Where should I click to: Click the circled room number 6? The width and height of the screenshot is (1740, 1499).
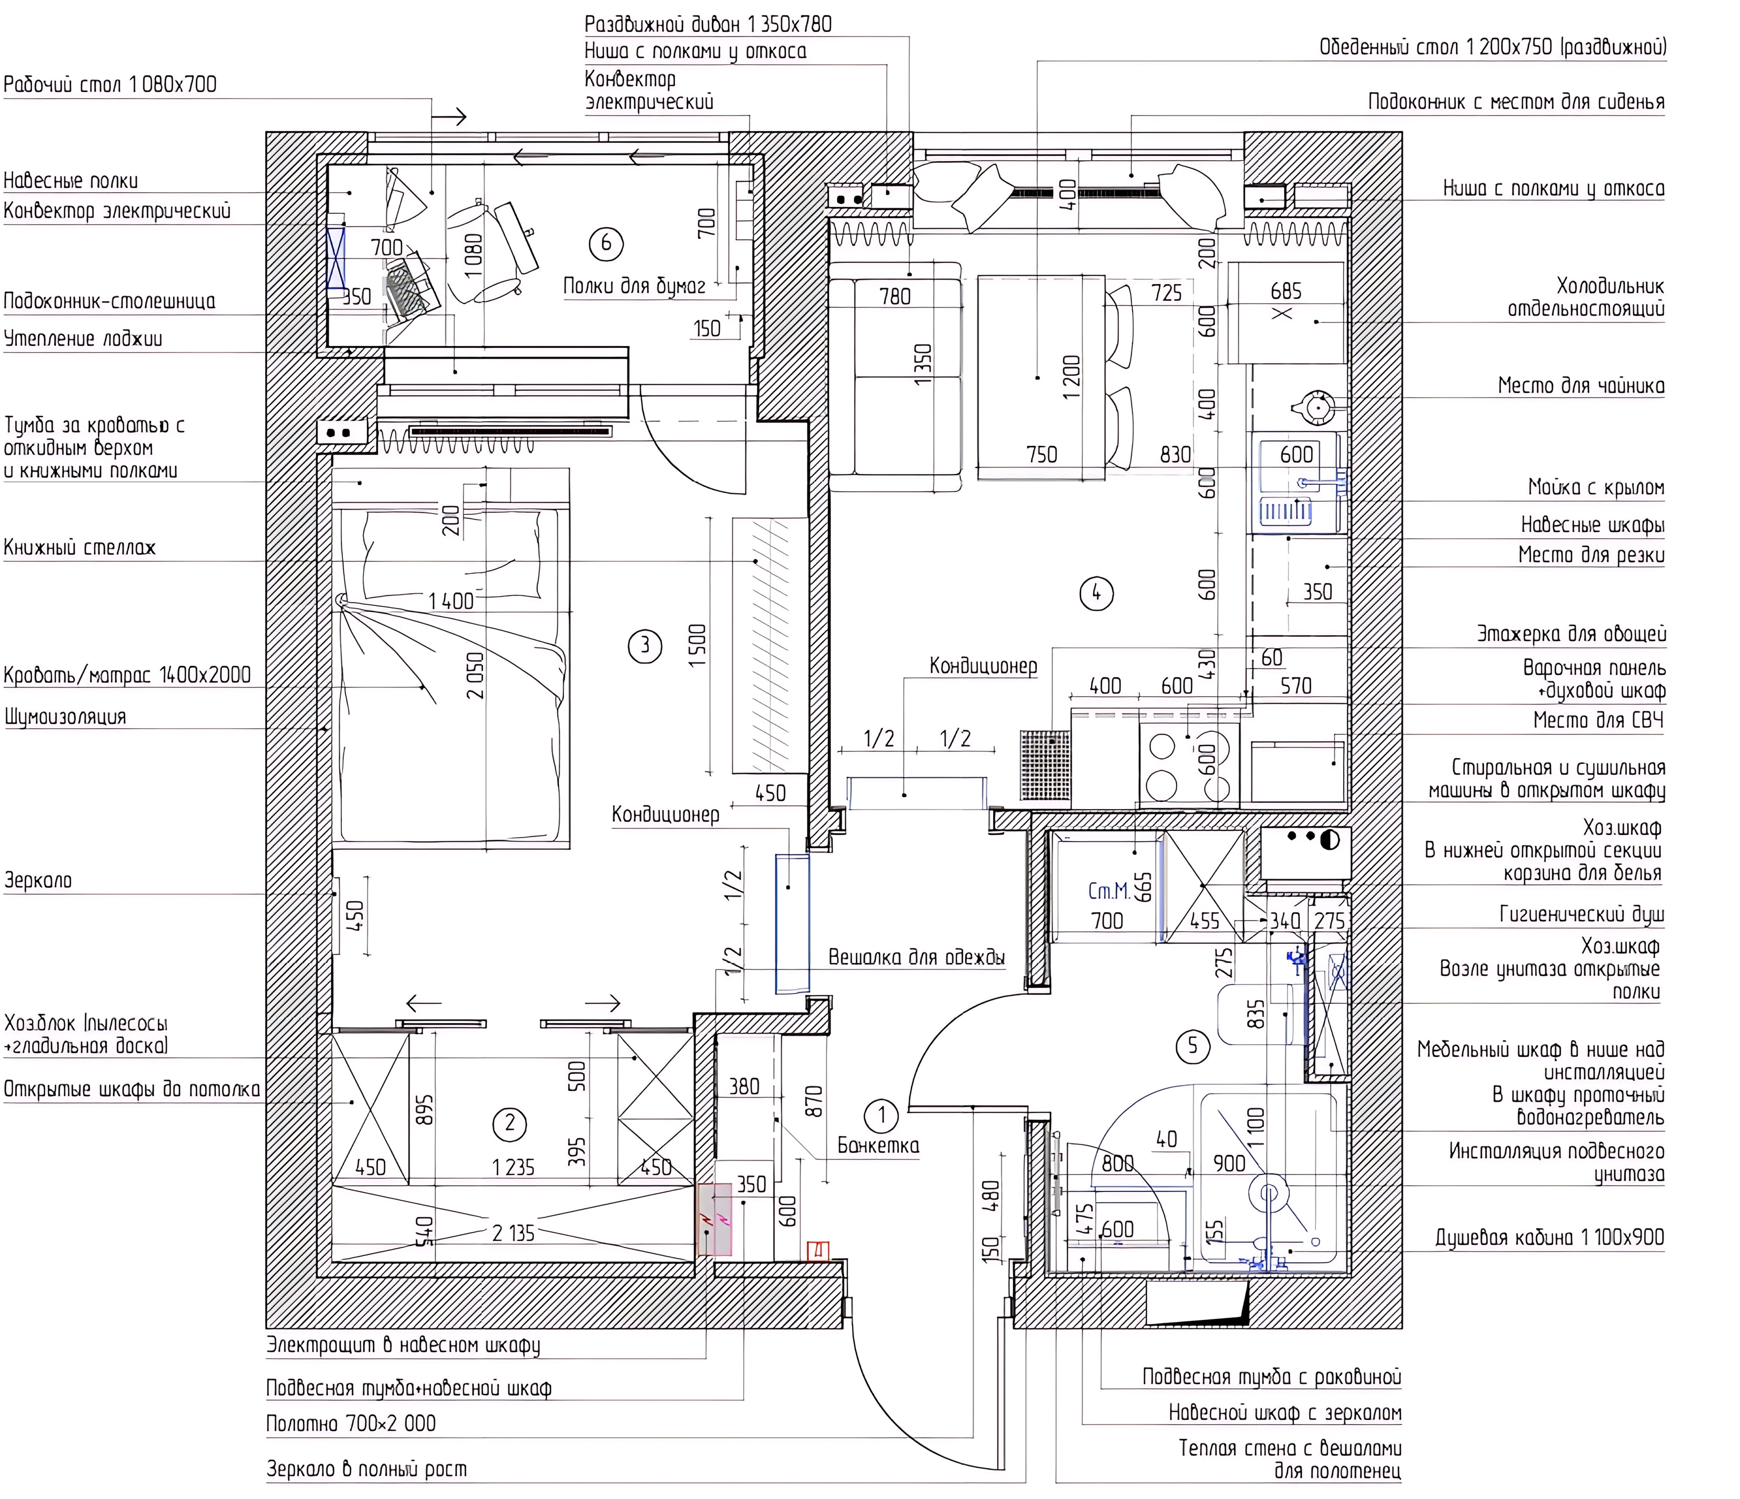pyautogui.click(x=606, y=244)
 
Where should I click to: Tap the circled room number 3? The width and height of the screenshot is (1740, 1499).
pyautogui.click(x=645, y=646)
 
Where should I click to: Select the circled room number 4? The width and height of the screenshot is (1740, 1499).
pyautogui.click(x=1096, y=594)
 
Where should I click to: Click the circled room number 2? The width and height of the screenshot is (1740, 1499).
pyautogui.click(x=510, y=1124)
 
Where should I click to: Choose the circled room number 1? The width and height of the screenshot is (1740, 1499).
pyautogui.click(x=882, y=1115)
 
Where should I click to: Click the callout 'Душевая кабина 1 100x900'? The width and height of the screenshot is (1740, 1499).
pyautogui.click(x=1549, y=1237)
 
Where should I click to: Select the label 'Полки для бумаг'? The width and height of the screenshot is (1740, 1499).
pyautogui.click(x=634, y=286)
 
